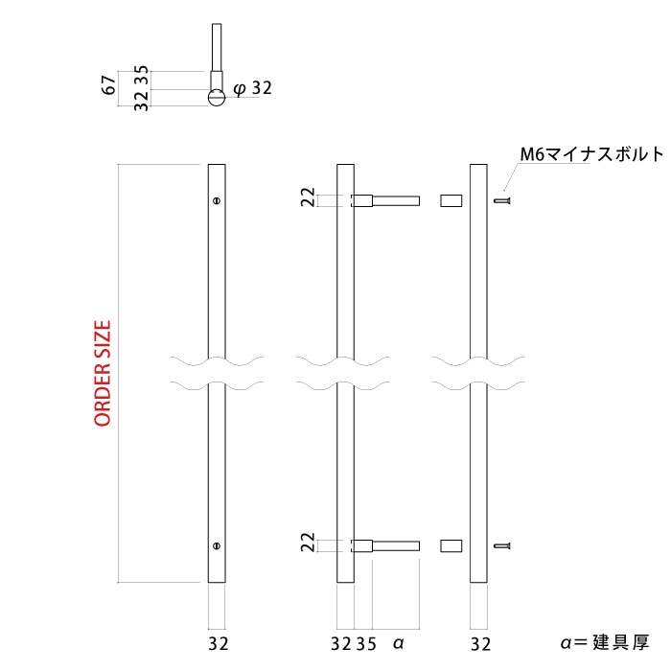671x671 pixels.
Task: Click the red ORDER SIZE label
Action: [104, 373]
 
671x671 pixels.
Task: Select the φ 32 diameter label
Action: [253, 88]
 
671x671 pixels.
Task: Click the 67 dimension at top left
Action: [109, 83]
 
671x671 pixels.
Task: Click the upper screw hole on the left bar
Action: [218, 201]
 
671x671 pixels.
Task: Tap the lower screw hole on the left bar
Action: [218, 546]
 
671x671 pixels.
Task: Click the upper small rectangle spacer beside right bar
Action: [451, 201]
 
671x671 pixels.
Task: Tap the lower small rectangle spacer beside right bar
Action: [451, 546]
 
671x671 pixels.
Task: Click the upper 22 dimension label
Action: [307, 197]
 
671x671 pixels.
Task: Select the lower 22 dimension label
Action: [307, 543]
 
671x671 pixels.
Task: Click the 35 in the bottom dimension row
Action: [365, 643]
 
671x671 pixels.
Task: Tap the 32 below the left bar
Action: [218, 643]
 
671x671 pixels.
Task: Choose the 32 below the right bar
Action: [481, 643]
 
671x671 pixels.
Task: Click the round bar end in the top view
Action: [218, 96]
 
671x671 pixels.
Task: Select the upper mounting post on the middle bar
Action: [387, 201]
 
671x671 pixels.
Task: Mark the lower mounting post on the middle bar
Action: [387, 546]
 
